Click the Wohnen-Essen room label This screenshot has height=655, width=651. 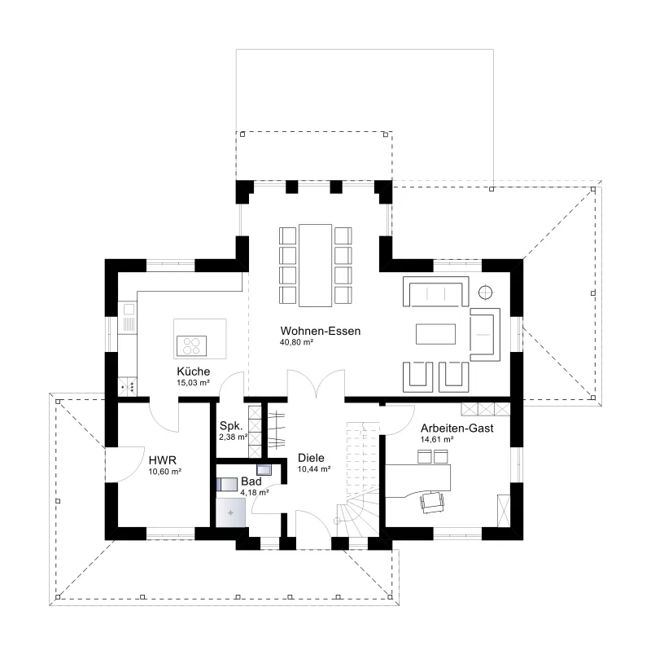pos(320,331)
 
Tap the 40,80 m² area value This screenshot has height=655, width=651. pos(296,342)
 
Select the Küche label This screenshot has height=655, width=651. pos(193,371)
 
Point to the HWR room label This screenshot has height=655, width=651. pos(162,460)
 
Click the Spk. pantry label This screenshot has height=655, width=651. pos(231,427)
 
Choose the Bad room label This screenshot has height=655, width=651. pos(251,481)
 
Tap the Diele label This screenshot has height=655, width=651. pos(311,458)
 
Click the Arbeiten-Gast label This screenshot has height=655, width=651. pos(457,429)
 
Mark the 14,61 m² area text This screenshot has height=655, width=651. pos(437,439)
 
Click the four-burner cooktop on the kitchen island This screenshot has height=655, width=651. pos(191,346)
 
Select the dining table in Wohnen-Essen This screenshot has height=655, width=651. pos(316,266)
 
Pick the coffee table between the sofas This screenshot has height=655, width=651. pos(435,334)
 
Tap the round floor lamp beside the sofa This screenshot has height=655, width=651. pos(485,292)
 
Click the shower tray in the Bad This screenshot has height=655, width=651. pos(230,512)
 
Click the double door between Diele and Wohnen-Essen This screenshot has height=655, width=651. pos(316,384)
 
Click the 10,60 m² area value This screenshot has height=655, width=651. pos(165,472)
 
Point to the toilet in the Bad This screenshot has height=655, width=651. pos(226,484)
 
